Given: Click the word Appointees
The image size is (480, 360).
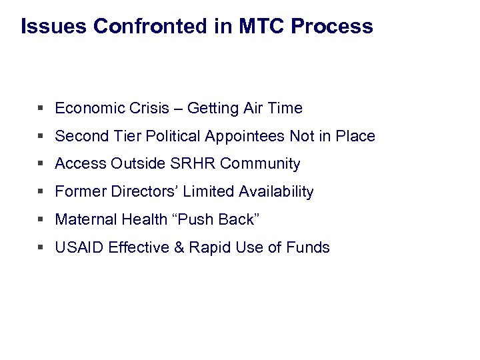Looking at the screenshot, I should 247,136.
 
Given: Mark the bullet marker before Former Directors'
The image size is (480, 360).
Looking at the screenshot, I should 42,192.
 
